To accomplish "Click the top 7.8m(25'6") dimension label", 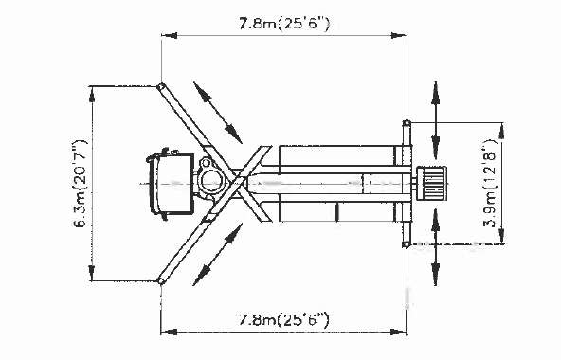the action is [284, 24].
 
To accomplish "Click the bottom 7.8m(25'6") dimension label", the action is [283, 319].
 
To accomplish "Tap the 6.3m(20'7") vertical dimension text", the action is [81, 184].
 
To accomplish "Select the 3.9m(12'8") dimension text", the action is [490, 184].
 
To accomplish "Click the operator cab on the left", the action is [171, 184].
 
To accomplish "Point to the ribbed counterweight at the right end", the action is [433, 183].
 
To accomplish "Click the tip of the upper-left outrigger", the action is [161, 87].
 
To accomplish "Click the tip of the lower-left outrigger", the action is [161, 280].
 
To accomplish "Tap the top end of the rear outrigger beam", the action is [407, 123].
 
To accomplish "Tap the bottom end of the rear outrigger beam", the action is [407, 244].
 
